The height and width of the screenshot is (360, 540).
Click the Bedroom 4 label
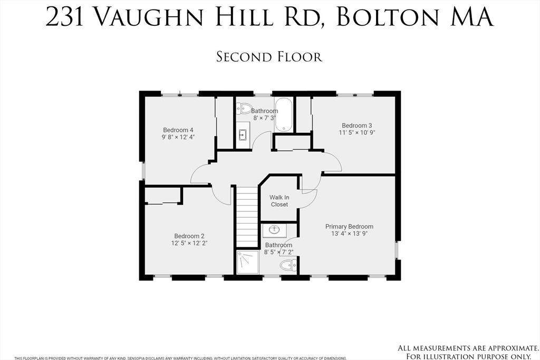[178, 130]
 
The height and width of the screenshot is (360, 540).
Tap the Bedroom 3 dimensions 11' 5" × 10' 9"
[357, 132]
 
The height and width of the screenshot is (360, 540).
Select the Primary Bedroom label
[349, 227]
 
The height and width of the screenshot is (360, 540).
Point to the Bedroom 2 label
[189, 236]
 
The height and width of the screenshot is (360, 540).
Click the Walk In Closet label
[279, 201]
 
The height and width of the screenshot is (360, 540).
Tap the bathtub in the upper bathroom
[284, 114]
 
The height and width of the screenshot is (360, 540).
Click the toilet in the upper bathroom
[244, 109]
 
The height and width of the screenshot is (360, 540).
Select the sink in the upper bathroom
[243, 134]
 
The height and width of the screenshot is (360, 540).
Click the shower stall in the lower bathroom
[248, 262]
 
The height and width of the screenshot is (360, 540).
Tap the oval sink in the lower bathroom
[274, 230]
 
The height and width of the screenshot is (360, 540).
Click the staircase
[247, 216]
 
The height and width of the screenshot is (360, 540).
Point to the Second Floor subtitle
[269, 57]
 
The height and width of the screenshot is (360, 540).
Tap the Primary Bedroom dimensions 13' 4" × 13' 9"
[350, 233]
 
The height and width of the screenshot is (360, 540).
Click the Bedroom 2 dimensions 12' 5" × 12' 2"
[189, 244]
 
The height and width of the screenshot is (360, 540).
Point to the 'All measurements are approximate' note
[468, 348]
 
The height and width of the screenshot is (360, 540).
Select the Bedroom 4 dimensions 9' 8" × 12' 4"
[178, 138]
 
